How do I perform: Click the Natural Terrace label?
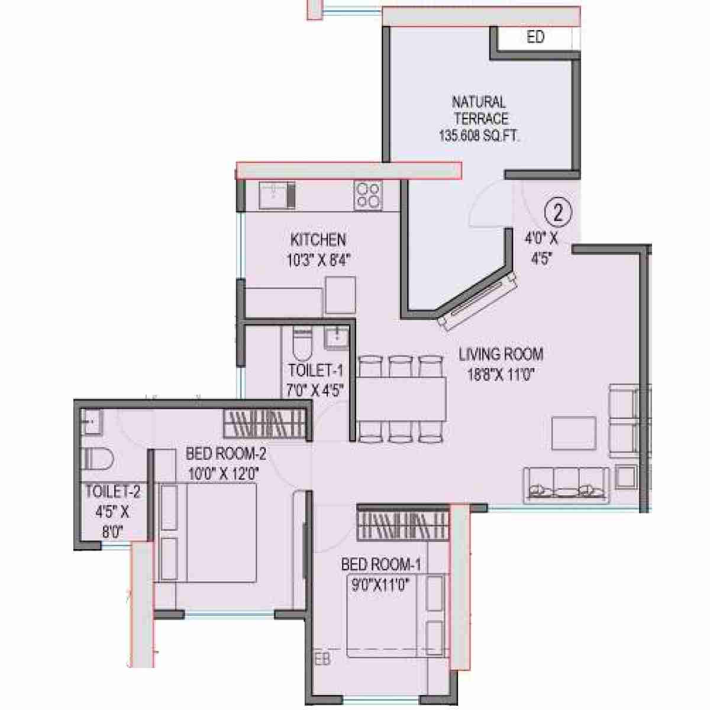[479, 109]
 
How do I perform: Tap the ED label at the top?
[535, 37]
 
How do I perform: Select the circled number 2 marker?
[558, 212]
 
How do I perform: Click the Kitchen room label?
[318, 240]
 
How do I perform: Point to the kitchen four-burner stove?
[368, 195]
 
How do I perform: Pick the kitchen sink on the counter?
[277, 195]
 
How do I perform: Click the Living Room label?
[501, 354]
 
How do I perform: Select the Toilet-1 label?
[315, 370]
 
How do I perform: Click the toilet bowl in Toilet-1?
[301, 346]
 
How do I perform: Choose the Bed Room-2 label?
[226, 454]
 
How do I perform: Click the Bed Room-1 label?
[381, 564]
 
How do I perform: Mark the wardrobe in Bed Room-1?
[403, 523]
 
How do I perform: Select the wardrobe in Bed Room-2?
[266, 424]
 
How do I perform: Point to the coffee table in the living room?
[574, 433]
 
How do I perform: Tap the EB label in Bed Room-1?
[322, 659]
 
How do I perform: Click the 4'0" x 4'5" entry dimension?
[541, 248]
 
